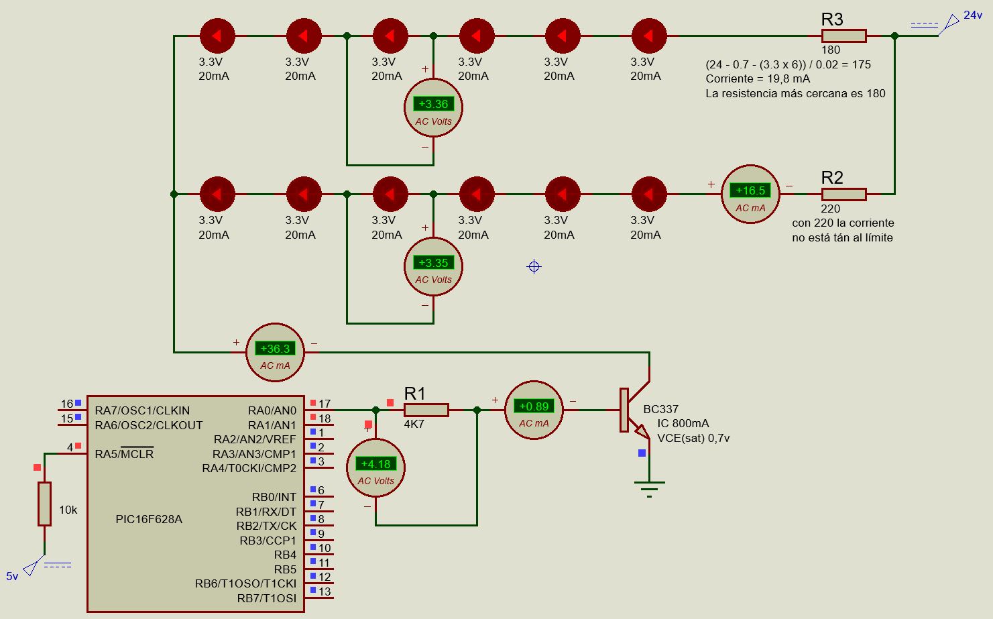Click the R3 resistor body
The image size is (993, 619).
click(843, 36)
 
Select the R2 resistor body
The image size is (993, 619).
click(843, 194)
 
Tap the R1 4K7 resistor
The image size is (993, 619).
click(426, 410)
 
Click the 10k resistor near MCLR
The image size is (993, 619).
click(44, 504)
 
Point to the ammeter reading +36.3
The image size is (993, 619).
click(275, 352)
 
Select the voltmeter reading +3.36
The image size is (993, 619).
click(433, 108)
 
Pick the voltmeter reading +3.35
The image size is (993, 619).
click(433, 266)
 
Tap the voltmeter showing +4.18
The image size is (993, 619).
click(375, 468)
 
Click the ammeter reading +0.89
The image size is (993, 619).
click(534, 410)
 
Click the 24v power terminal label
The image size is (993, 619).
click(973, 15)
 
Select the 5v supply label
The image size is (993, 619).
click(12, 577)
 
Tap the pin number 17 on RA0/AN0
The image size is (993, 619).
click(325, 404)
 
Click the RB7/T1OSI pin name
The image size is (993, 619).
click(266, 598)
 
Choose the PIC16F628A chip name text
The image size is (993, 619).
click(149, 519)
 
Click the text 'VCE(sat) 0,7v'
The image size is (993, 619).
click(693, 438)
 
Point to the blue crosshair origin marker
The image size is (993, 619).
click(534, 266)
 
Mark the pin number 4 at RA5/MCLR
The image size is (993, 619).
click(70, 447)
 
